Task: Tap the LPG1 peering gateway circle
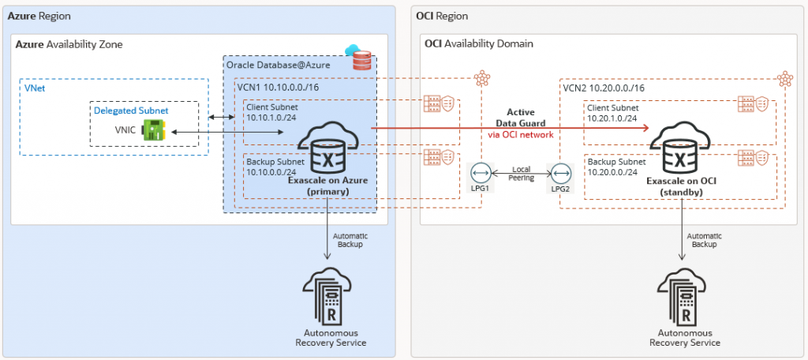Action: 479,174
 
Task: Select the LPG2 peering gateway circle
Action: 561,174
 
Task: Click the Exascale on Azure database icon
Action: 325,150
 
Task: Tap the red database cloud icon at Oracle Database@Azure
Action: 361,58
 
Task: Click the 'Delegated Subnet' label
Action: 131,111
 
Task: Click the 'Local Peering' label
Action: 520,174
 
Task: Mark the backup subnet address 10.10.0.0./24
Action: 270,172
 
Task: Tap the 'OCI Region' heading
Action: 442,16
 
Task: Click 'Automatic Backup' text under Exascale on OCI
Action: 705,240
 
